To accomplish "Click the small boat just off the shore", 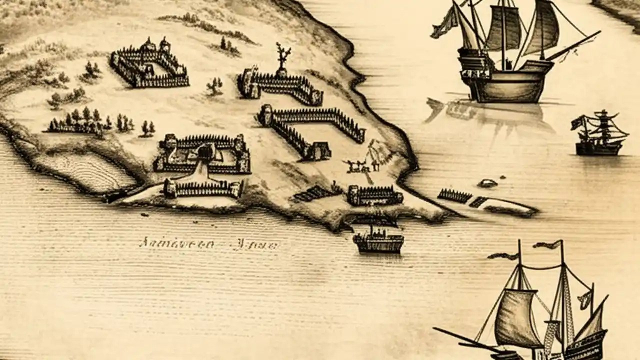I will coord(378,241).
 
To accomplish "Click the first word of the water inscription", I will coord(176,244).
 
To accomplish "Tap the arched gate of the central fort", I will coord(204,151).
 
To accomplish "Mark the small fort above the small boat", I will coord(375,195).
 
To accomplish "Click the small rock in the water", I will coord(487,183).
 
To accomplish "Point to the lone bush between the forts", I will coord(215,86).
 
